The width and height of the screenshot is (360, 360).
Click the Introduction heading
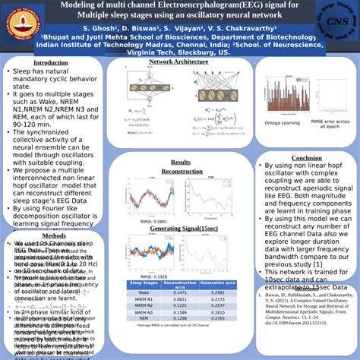coord(51,62)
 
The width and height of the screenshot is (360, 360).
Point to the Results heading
coord(181,163)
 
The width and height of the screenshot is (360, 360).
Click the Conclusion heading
coord(306,158)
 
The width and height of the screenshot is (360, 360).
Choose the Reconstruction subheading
coord(182,172)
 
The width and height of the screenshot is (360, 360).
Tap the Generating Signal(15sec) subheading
coord(182,229)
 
